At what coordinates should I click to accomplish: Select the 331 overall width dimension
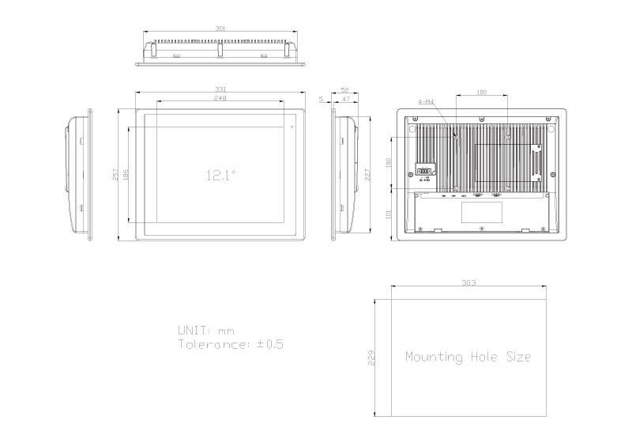[x=220, y=90]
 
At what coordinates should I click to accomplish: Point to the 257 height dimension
[x=115, y=175]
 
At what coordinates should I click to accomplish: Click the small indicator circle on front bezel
[x=292, y=127]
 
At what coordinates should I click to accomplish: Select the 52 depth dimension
[x=344, y=90]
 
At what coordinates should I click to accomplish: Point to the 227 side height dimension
[x=369, y=175]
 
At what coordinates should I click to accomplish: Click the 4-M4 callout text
[x=426, y=102]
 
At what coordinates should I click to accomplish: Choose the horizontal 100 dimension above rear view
[x=481, y=93]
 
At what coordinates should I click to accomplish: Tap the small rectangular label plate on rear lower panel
[x=481, y=211]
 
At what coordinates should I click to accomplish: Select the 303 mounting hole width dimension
[x=468, y=283]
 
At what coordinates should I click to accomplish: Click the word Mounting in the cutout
[x=434, y=357]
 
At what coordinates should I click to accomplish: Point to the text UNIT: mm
[x=205, y=330]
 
